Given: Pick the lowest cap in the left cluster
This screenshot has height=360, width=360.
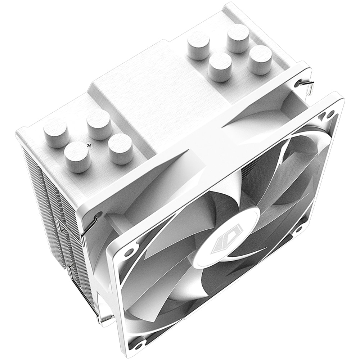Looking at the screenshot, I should (x=78, y=157).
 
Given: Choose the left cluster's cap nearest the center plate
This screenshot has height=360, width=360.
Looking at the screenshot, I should (x=121, y=149).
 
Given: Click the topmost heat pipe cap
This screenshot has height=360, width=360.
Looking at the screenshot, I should (x=238, y=38).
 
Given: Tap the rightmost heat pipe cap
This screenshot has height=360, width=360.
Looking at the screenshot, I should (x=260, y=59).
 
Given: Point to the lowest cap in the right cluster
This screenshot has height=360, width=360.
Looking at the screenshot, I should (x=220, y=67).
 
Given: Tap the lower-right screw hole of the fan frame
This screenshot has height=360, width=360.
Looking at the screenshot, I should (x=298, y=229).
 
